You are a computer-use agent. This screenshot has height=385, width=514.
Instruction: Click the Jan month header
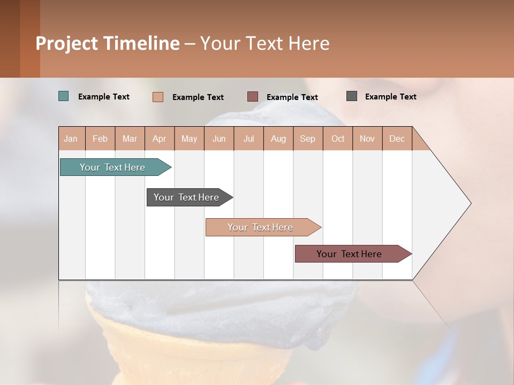click(71, 138)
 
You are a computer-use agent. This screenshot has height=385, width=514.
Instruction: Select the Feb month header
click(100, 138)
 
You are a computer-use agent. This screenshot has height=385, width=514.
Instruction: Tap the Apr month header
click(160, 138)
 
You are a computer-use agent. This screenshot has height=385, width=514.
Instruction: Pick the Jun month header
click(219, 138)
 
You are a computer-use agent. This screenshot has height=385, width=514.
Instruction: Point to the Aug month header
click(278, 138)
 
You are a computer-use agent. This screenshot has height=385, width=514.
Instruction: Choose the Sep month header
click(308, 138)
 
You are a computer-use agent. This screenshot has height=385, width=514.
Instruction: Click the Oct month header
click(338, 138)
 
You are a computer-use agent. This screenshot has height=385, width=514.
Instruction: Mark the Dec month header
click(397, 138)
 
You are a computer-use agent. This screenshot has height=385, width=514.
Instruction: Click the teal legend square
click(64, 96)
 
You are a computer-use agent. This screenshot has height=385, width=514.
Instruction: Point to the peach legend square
click(158, 97)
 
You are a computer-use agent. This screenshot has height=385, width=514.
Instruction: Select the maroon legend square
click(253, 97)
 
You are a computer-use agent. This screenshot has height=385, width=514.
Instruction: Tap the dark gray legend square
click(352, 96)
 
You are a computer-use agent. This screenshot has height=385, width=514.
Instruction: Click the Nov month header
click(367, 138)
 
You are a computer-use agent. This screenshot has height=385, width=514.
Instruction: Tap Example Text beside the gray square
click(390, 97)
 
